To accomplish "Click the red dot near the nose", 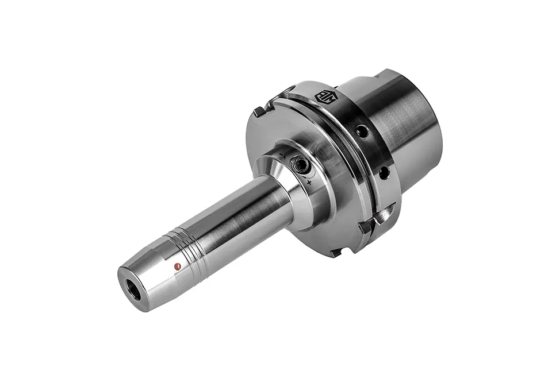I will click(177, 265).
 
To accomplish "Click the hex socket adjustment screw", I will click(300, 165).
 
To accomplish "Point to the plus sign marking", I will click(309, 182).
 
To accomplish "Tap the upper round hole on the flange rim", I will click(361, 132).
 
